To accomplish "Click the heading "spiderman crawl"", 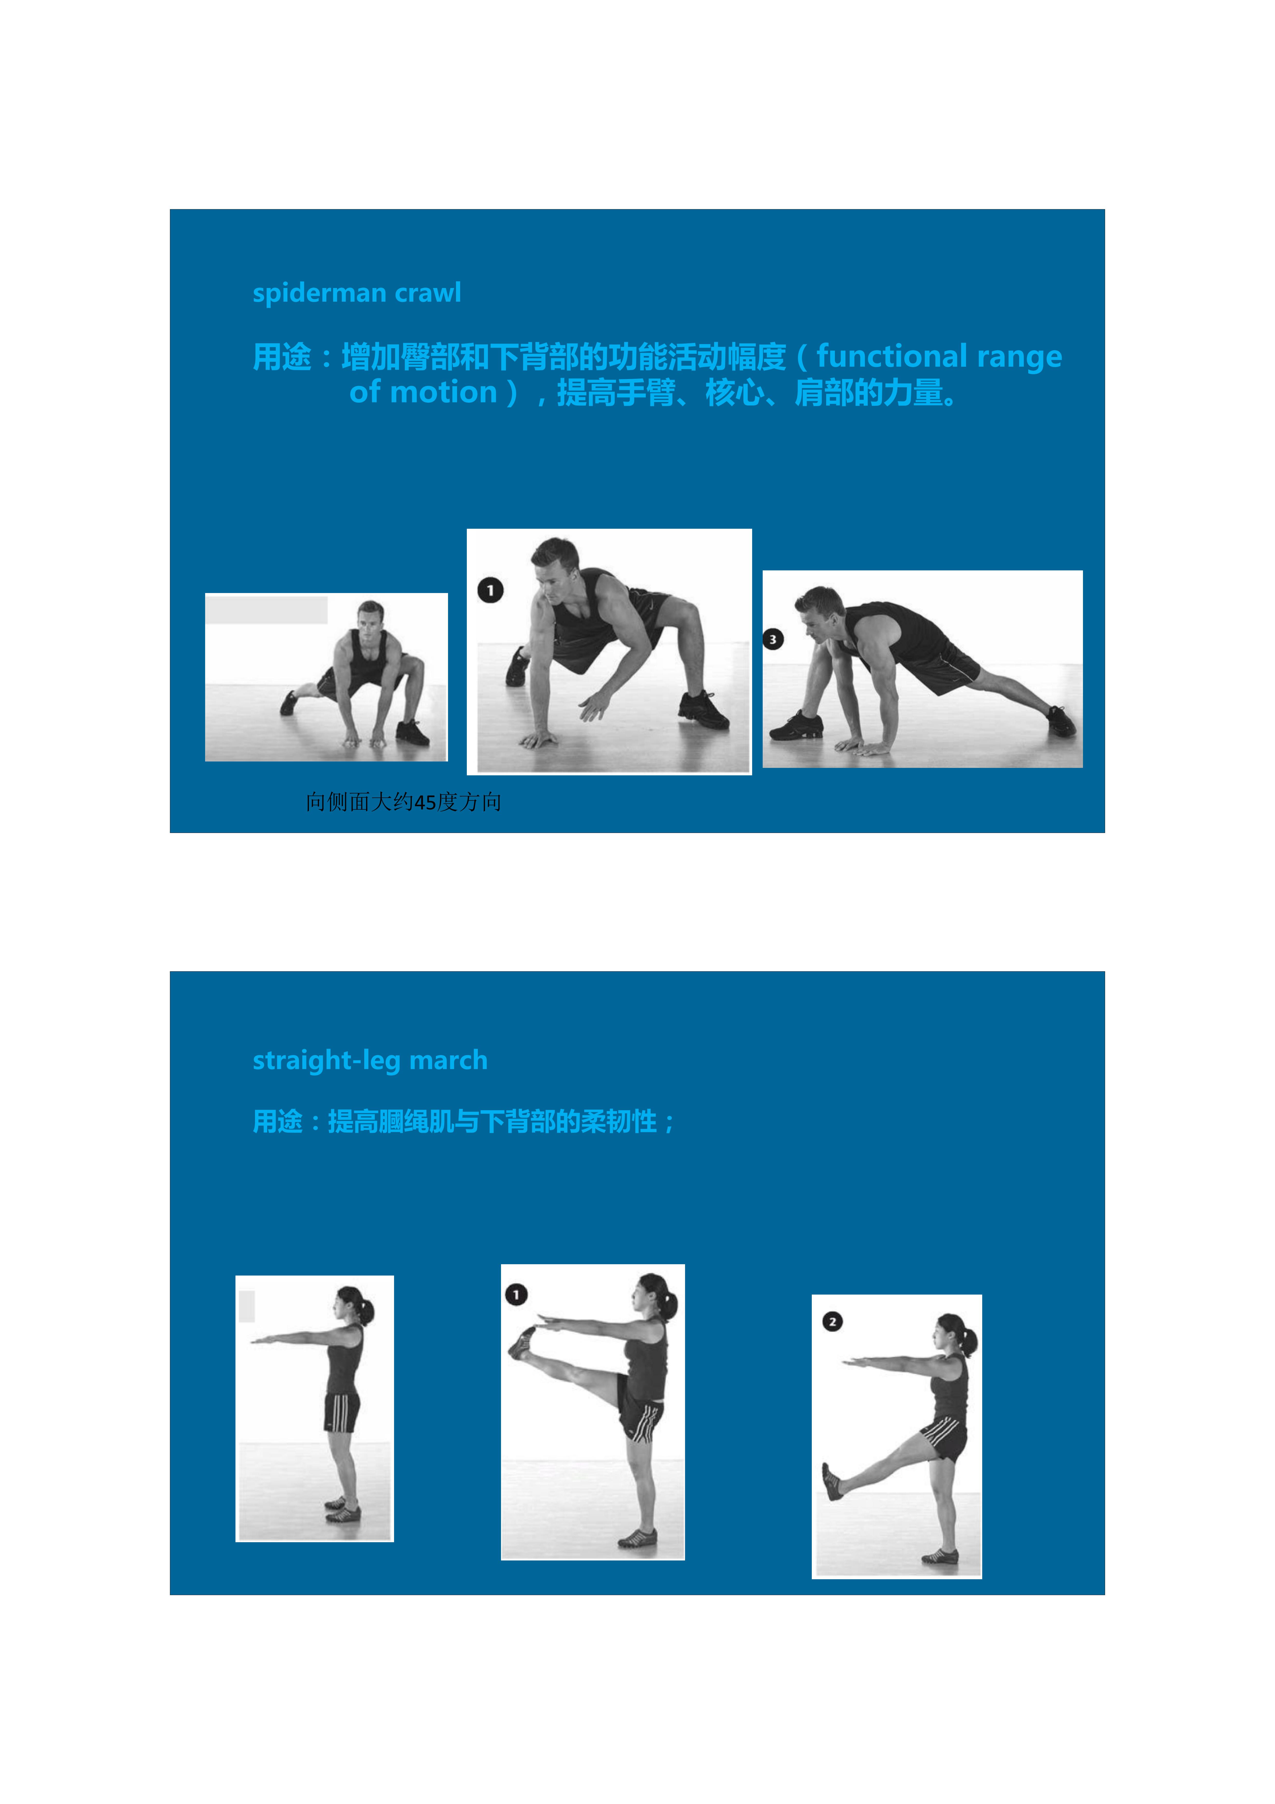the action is pos(357,293).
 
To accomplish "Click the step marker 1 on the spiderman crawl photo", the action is pos(490,590).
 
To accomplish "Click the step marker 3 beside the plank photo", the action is pos(773,639).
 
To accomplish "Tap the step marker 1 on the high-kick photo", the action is pos(516,1294).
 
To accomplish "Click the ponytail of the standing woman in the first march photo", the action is pos(367,1311).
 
